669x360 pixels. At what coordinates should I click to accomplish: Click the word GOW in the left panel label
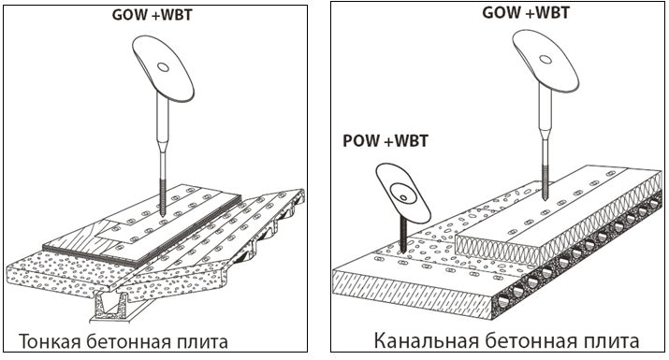tap(129, 15)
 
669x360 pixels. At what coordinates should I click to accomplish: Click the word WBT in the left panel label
tap(176, 15)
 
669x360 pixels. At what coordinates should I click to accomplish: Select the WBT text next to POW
tap(412, 141)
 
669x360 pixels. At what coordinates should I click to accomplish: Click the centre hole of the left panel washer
tap(163, 67)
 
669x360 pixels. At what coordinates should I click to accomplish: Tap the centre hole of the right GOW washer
tap(545, 59)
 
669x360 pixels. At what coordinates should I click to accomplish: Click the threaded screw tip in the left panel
tap(164, 197)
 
